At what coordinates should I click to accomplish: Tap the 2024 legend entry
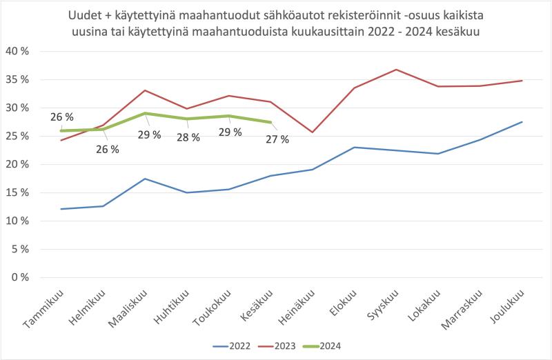[x=331, y=346]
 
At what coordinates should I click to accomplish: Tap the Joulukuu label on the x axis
[x=510, y=308]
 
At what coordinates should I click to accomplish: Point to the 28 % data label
[x=188, y=137]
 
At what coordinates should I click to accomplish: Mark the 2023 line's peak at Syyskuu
[x=396, y=70]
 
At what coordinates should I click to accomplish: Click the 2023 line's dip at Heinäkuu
[x=312, y=132]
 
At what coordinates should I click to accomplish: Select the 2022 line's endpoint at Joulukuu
[x=522, y=122]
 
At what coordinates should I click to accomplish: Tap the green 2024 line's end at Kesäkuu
[x=270, y=122]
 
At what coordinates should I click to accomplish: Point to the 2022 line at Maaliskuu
[x=144, y=179]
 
